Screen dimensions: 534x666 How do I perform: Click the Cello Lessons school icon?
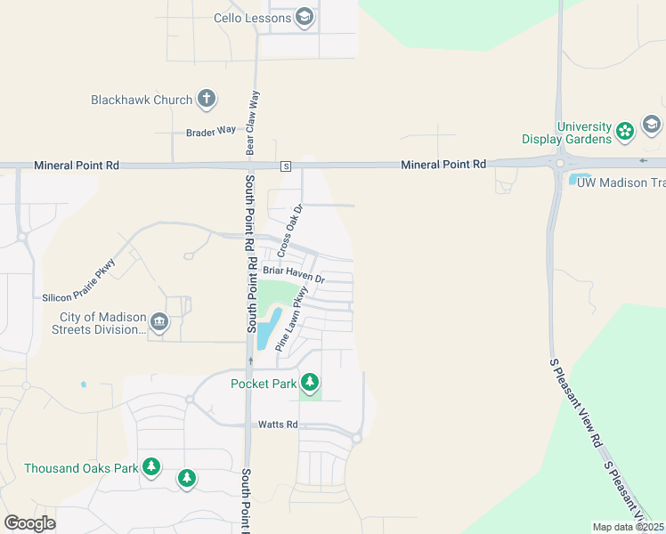[305, 17]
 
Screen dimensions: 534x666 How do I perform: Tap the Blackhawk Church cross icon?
[207, 99]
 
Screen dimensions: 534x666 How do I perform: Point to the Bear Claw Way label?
[252, 121]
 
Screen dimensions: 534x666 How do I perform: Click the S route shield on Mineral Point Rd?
[285, 166]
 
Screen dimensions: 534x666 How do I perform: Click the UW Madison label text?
[621, 182]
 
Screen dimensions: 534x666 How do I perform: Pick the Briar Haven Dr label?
[294, 275]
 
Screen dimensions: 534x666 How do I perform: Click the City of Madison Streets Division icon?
[159, 321]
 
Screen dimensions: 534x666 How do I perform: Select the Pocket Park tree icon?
[309, 383]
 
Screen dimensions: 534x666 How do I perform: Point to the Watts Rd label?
[278, 425]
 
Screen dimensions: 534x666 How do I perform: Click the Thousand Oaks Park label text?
[81, 468]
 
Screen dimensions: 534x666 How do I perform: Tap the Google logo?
[29, 523]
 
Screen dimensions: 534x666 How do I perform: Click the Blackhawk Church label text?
[142, 100]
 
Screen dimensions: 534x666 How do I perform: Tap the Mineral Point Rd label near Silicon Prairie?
[76, 166]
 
